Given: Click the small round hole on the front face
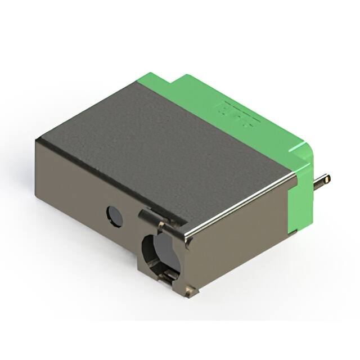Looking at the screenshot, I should coord(115,216).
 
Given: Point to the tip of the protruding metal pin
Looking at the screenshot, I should coord(327,179).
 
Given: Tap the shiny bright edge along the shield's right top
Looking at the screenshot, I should coord(242,202).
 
